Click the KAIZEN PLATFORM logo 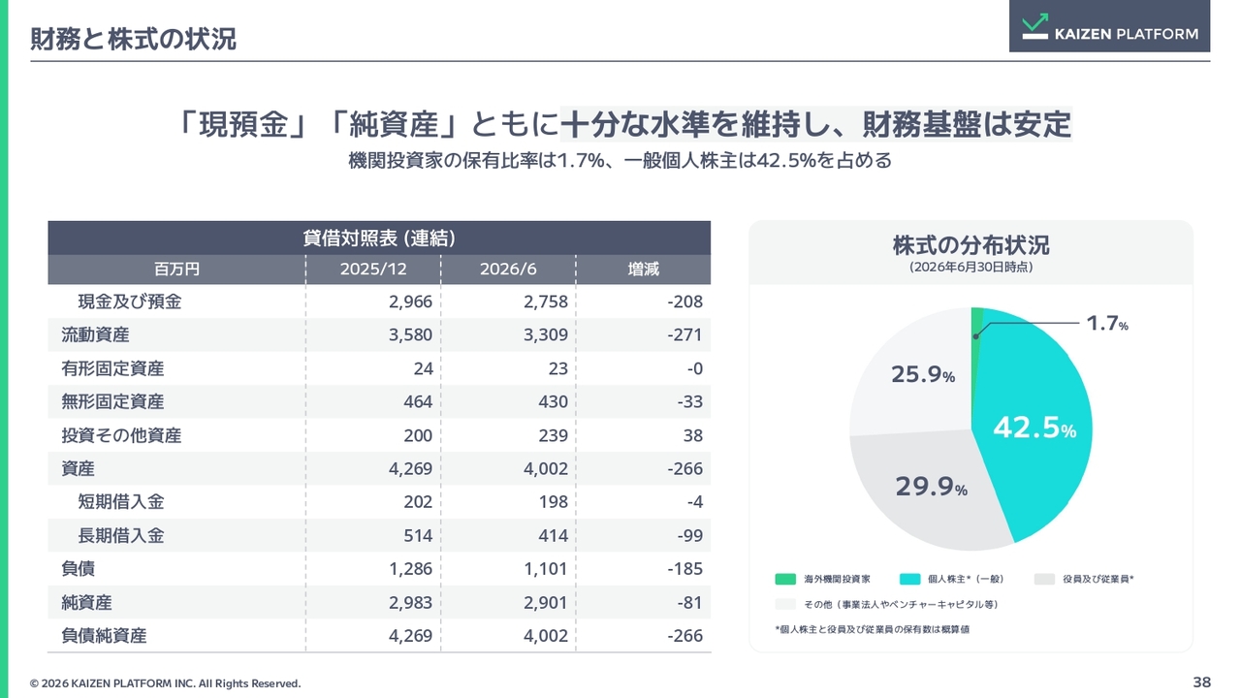(1110, 26)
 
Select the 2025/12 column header (373, 270)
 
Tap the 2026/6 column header (508, 270)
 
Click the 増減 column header (643, 270)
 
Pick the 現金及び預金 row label (130, 301)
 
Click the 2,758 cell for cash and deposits (546, 301)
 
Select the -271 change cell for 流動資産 (684, 335)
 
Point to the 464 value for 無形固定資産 (418, 401)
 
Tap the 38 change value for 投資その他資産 (692, 435)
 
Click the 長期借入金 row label (121, 536)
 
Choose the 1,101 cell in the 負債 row (546, 569)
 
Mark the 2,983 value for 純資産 (410, 603)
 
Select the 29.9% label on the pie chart (932, 487)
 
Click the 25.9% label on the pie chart (923, 374)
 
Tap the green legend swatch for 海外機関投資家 (785, 579)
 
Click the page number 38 (1201, 682)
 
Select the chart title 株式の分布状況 (971, 245)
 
